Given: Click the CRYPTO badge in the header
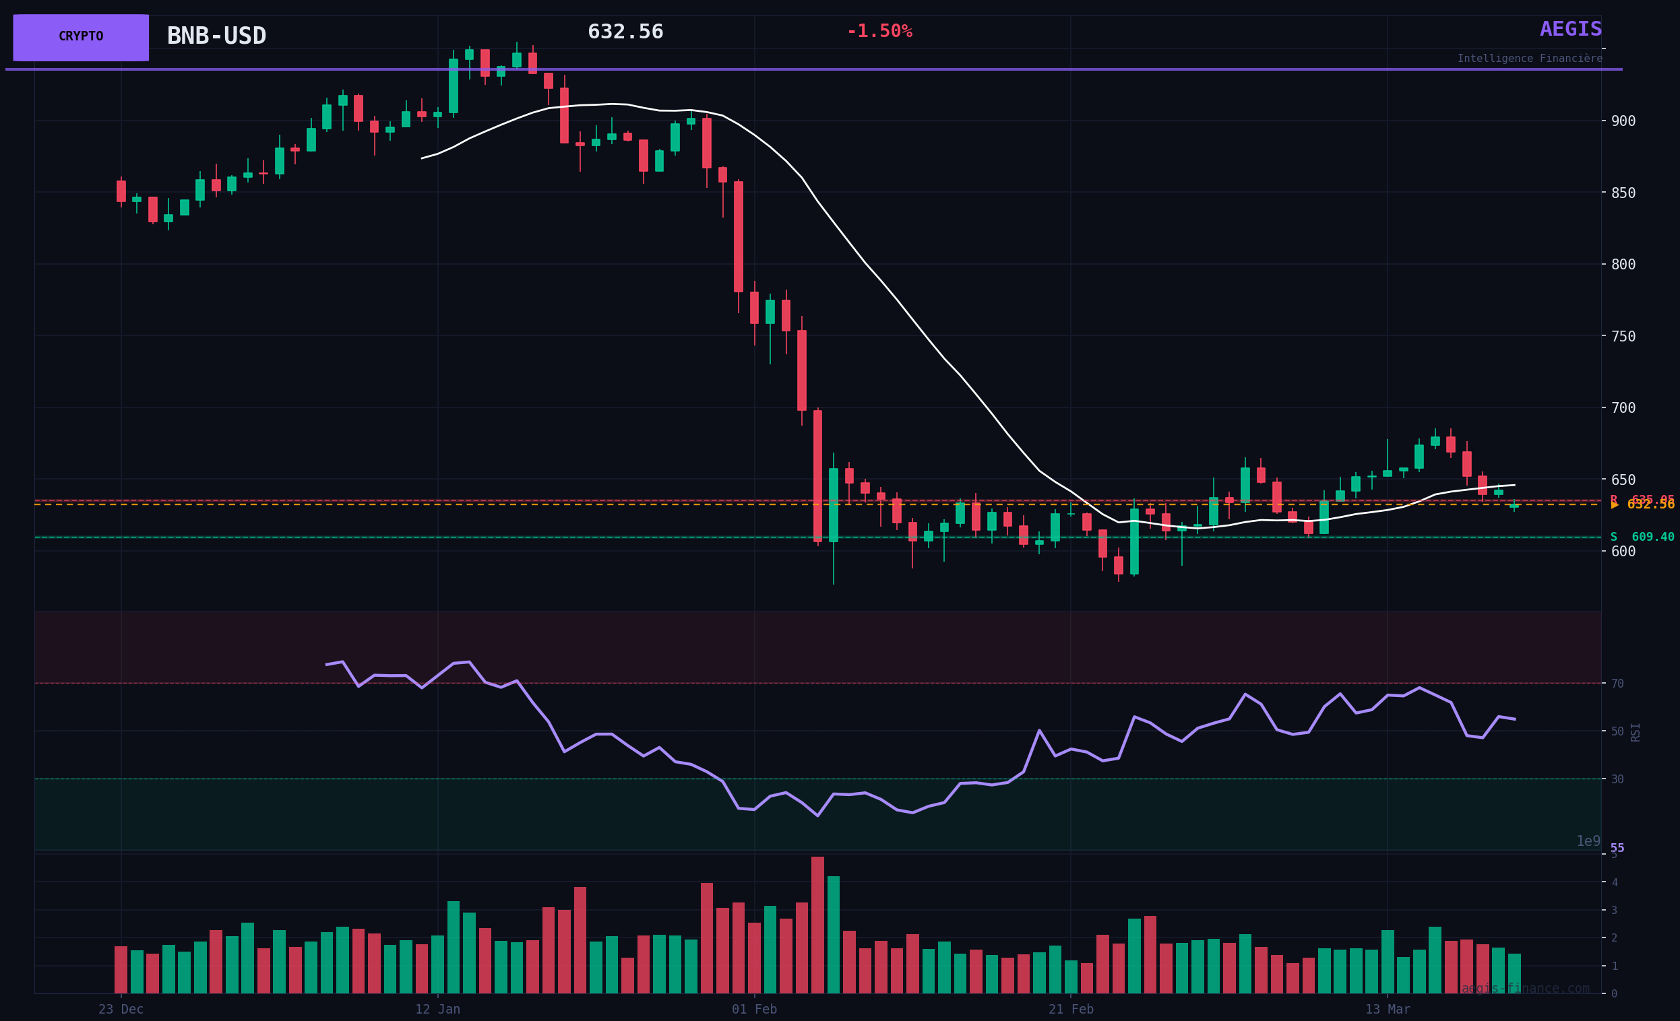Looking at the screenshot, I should pyautogui.click(x=80, y=37).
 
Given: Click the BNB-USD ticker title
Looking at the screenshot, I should pyautogui.click(x=216, y=36).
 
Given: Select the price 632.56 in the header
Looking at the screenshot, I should pyautogui.click(x=625, y=32).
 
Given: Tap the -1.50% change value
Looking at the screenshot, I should pyautogui.click(x=879, y=32).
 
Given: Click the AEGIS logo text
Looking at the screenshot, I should pyautogui.click(x=1571, y=30).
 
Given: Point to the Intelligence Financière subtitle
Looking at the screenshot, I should pyautogui.click(x=1530, y=59).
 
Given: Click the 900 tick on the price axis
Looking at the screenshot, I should pyautogui.click(x=1623, y=121).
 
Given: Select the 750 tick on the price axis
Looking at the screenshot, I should pyautogui.click(x=1623, y=336).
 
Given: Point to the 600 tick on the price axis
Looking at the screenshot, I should pyautogui.click(x=1623, y=552).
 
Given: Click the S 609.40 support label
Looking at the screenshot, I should pyautogui.click(x=1642, y=537).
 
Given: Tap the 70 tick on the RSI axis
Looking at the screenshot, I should pyautogui.click(x=1617, y=684).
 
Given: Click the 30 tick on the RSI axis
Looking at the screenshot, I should pyautogui.click(x=1617, y=779).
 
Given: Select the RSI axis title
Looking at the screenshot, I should pyautogui.click(x=1636, y=732).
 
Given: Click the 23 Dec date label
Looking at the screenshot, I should pyautogui.click(x=121, y=1010).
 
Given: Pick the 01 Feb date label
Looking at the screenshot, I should pyautogui.click(x=754, y=1010).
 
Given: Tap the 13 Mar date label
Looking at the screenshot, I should pyautogui.click(x=1388, y=1010).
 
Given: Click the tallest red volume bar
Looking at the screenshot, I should pyautogui.click(x=817, y=924).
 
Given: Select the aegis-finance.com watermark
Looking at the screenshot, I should pyautogui.click(x=1524, y=988).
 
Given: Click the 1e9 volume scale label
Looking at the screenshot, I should pyautogui.click(x=1588, y=841).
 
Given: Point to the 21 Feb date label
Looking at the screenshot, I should pyautogui.click(x=1070, y=1010).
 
